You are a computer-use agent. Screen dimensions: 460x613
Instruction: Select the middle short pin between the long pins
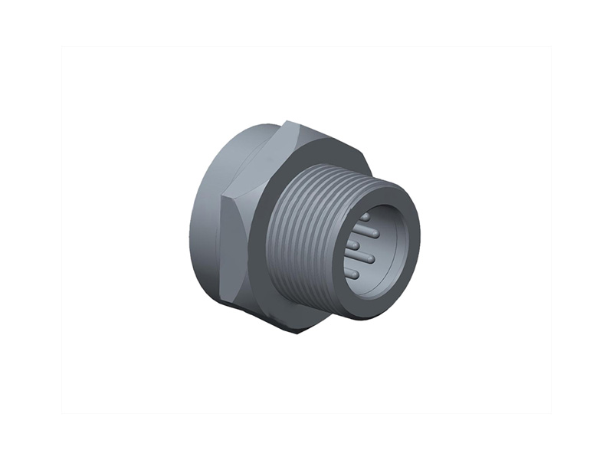tap(353, 245)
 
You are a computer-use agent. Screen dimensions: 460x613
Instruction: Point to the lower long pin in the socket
tap(365, 258)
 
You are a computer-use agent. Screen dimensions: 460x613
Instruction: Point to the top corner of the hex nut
tap(288, 122)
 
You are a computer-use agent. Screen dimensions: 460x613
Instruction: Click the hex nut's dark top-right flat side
tap(329, 142)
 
